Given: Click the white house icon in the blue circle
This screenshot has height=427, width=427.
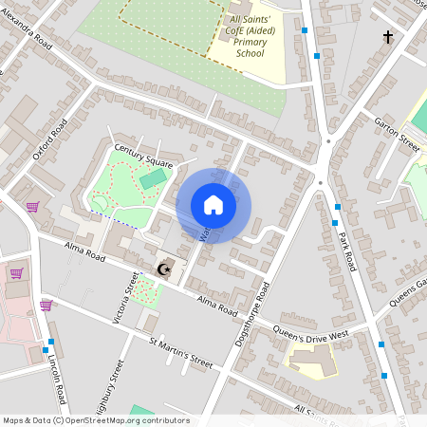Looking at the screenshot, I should tap(213, 205).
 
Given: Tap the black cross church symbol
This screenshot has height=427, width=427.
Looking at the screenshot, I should tap(387, 37).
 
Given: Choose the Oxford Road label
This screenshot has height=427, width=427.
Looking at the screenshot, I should tap(50, 143).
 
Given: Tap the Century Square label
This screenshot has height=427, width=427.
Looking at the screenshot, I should tap(144, 156).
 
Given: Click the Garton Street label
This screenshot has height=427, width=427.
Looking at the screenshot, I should tap(396, 135).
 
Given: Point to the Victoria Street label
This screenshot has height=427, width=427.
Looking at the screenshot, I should tap(123, 297).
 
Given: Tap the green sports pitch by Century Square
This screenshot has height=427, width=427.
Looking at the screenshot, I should tap(152, 178).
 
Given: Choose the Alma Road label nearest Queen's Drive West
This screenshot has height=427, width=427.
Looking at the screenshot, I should tap(216, 304).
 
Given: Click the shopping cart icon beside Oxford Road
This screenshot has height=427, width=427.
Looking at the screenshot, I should tap(32, 207).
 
